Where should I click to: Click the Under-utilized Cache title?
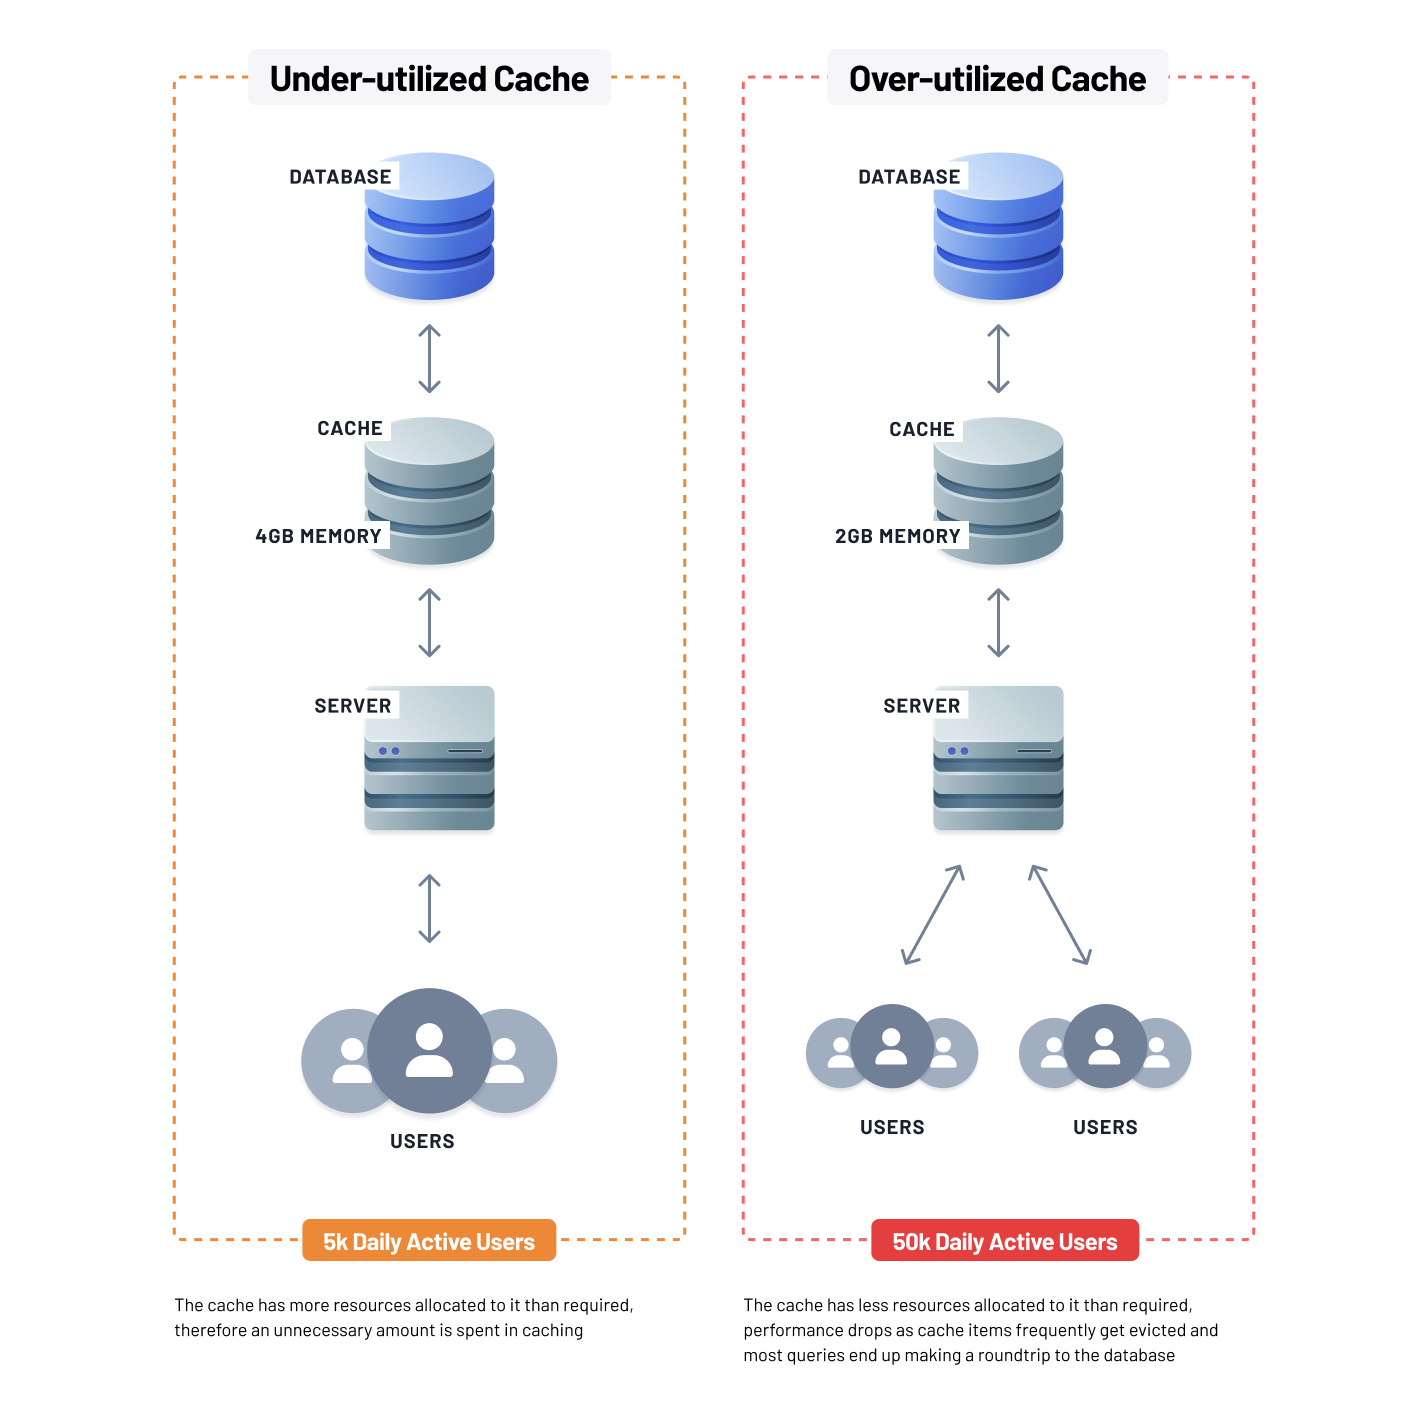[x=429, y=79]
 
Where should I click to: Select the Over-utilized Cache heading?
[x=997, y=79]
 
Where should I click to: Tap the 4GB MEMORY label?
[x=318, y=536]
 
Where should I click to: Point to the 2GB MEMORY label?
[x=897, y=536]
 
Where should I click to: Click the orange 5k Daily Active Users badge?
[x=429, y=1241]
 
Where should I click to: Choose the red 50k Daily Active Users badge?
[x=1004, y=1241]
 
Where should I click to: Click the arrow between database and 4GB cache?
[x=429, y=358]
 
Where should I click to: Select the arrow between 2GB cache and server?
[x=998, y=622]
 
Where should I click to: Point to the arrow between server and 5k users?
[x=429, y=908]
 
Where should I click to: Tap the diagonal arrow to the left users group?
[x=933, y=914]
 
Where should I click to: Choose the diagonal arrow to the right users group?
[x=1059, y=914]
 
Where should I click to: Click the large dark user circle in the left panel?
[x=429, y=1050]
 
